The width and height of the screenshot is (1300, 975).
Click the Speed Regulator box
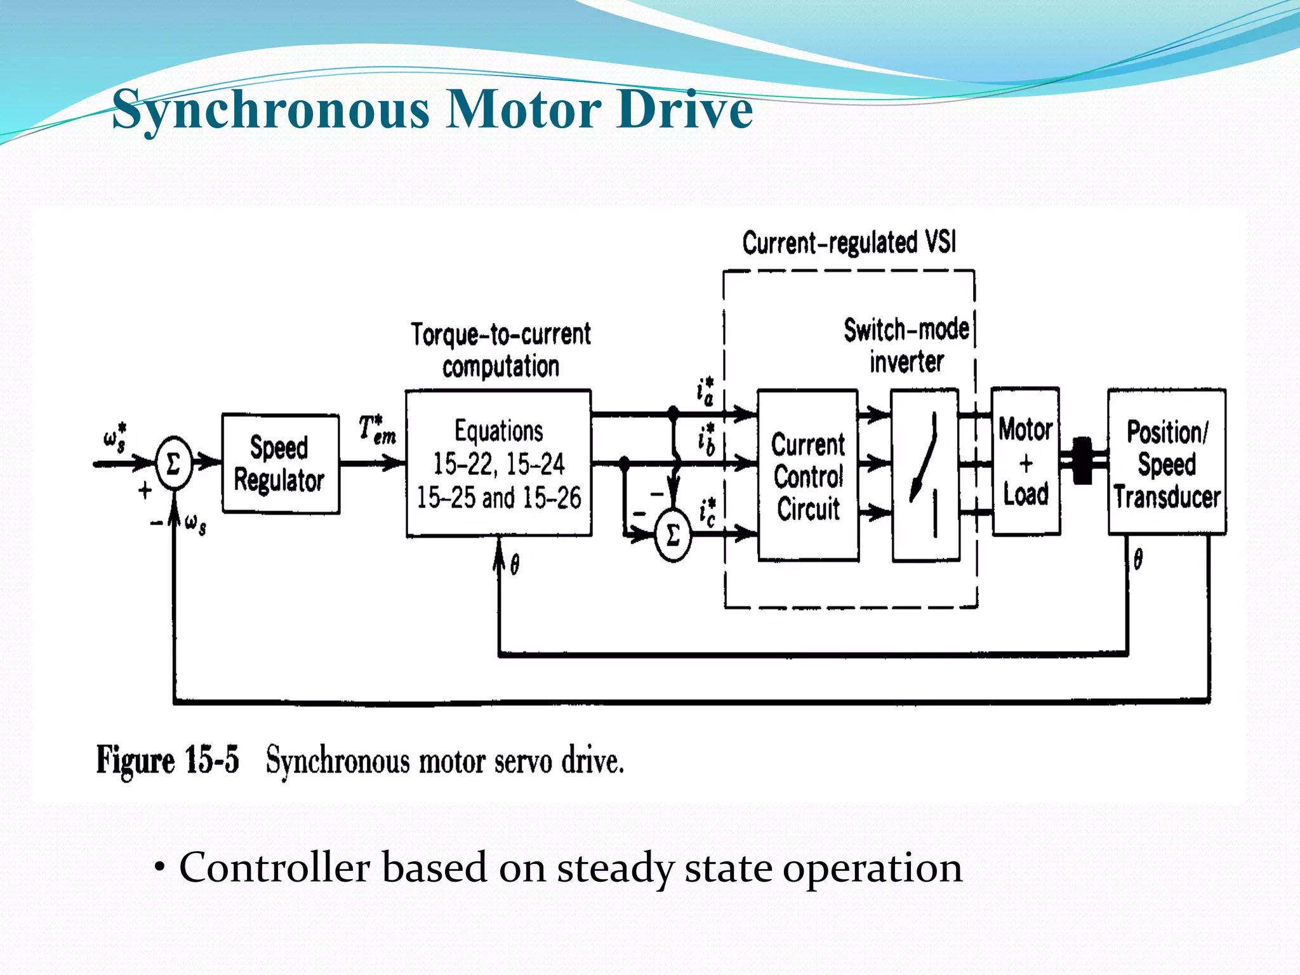(280, 464)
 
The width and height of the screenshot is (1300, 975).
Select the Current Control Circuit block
(808, 475)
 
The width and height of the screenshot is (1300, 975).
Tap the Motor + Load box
(1026, 461)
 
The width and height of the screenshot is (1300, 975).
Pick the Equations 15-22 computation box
(499, 464)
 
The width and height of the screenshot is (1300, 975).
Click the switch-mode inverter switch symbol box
(925, 475)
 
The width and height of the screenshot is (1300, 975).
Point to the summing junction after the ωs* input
(173, 463)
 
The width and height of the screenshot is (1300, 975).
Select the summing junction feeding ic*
(673, 535)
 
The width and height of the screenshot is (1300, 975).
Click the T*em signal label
(376, 430)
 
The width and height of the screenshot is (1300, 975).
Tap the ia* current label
(705, 392)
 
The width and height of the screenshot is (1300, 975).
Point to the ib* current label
(706, 439)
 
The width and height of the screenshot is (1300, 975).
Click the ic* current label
(707, 512)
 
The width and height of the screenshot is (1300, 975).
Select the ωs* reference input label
(114, 437)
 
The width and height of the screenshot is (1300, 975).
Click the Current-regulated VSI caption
(849, 243)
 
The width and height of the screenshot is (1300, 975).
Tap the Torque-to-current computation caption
(500, 350)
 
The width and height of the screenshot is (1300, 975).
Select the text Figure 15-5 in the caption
(168, 760)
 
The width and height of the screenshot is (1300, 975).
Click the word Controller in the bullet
(274, 868)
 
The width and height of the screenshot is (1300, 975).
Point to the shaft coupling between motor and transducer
(1082, 461)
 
